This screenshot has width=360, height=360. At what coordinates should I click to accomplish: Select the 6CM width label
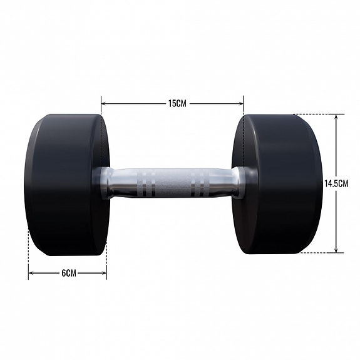tap(68, 273)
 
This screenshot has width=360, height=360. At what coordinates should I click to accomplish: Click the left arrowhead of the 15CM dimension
tap(104, 103)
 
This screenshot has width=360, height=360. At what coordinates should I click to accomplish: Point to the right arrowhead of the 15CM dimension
tap(241, 103)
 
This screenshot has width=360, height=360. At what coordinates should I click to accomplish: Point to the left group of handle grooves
tap(143, 183)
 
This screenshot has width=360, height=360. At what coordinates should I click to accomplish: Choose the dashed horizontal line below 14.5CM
tap(316, 253)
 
